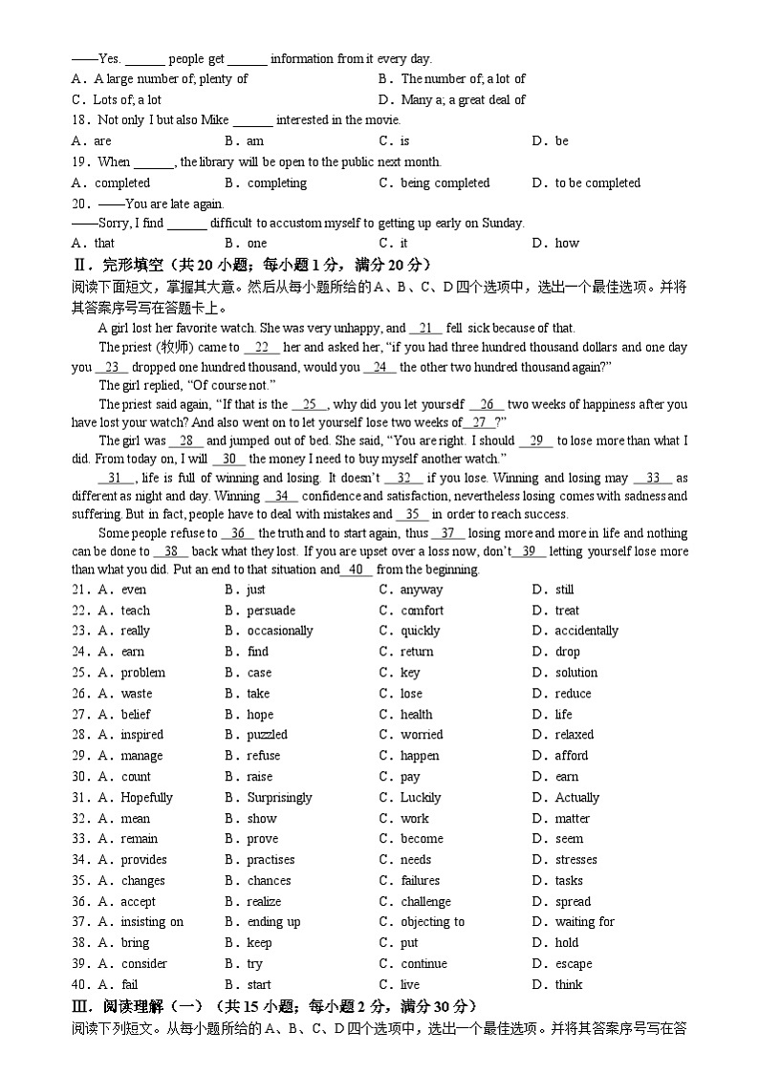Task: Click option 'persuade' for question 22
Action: point(271,611)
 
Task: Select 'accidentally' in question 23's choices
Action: point(586,631)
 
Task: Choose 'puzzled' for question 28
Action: point(267,735)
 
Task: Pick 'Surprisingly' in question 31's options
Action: point(279,798)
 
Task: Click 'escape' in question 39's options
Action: point(574,964)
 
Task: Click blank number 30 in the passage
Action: point(229,458)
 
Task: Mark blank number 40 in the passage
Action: point(356,569)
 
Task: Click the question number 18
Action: point(80,120)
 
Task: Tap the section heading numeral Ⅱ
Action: point(77,265)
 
